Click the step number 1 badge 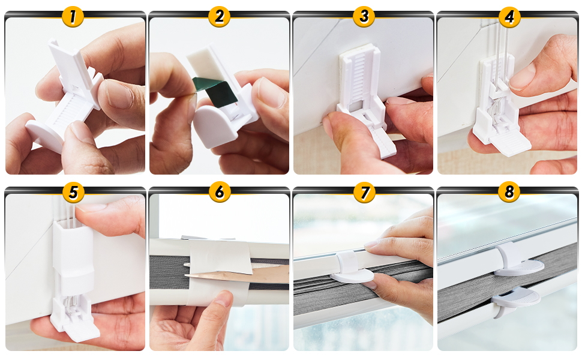point(73,17)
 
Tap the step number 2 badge point(219,17)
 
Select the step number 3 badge point(364,17)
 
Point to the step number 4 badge point(509,17)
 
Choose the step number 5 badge point(73,192)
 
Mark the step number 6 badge point(220,192)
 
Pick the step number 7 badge point(364,192)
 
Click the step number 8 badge point(509,192)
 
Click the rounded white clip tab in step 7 point(352,269)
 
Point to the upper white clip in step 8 point(518,260)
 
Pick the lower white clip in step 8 point(515,300)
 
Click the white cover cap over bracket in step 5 point(73,256)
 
